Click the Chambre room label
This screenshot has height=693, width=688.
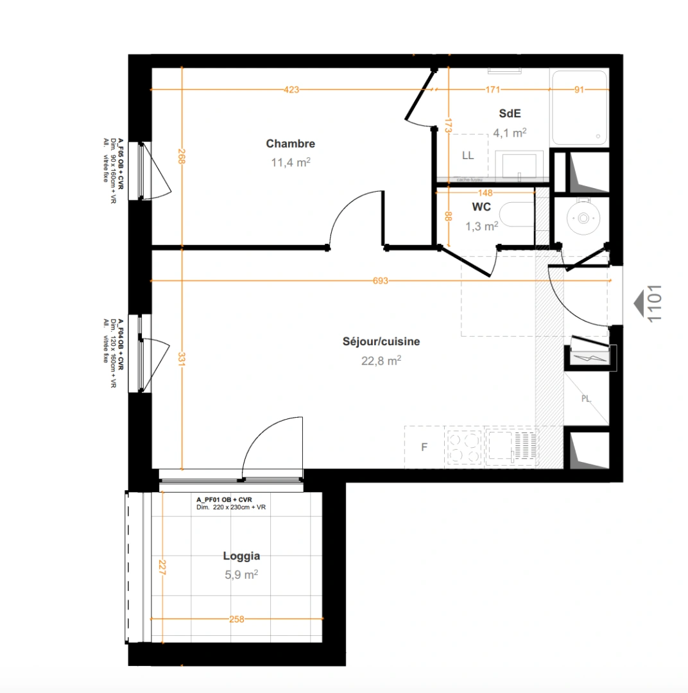click(x=290, y=144)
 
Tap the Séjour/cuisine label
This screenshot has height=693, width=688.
click(x=381, y=341)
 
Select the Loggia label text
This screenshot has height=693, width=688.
click(x=241, y=556)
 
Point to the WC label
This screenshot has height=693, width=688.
click(x=481, y=207)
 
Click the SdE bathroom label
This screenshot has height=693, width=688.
click(x=510, y=114)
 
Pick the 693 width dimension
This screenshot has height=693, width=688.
click(x=381, y=281)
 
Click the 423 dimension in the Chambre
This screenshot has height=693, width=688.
click(x=291, y=90)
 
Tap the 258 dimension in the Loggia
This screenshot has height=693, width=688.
click(x=237, y=619)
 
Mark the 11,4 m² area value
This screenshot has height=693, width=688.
click(x=290, y=162)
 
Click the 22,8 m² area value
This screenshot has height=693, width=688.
click(x=381, y=361)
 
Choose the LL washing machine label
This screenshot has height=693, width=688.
click(x=468, y=155)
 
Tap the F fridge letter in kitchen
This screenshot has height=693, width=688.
click(x=424, y=447)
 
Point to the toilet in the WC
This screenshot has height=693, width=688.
click(x=517, y=215)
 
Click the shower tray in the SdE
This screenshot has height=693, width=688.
click(x=579, y=108)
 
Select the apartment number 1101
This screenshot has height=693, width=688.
click(x=655, y=304)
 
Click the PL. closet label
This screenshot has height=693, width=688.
click(x=586, y=398)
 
